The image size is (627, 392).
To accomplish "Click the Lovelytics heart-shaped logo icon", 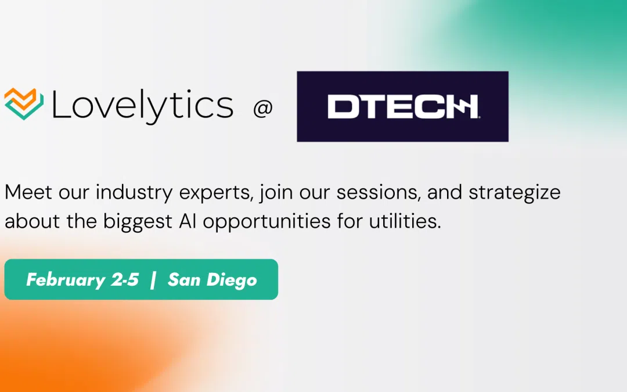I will (24, 105).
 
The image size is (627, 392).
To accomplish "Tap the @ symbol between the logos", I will (263, 109).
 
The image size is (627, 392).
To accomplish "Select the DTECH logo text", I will (402, 107).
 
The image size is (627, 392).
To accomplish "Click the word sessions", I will (374, 192).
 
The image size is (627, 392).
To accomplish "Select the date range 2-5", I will (125, 279).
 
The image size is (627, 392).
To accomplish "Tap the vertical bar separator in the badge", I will (153, 279).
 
